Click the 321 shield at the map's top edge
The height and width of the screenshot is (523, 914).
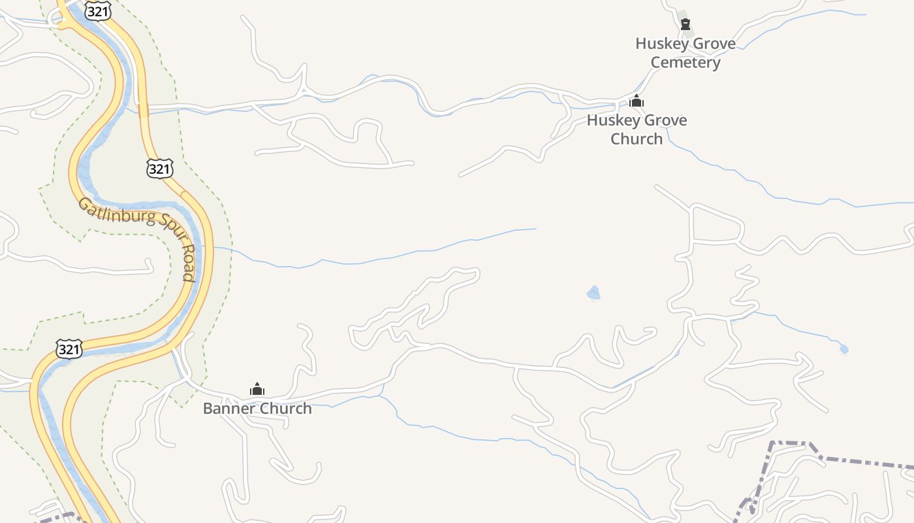[97, 10]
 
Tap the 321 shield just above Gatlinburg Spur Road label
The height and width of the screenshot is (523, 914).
[159, 169]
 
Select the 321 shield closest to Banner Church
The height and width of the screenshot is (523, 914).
[69, 349]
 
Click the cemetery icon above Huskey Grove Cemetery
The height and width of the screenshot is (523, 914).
[685, 25]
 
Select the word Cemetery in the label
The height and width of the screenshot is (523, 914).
[685, 63]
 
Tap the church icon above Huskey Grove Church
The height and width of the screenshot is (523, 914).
[637, 101]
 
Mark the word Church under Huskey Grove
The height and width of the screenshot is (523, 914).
[637, 139]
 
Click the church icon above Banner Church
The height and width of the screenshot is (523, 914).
[257, 390]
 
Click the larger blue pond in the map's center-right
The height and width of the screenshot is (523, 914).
[593, 293]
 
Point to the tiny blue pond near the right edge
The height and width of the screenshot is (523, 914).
[843, 350]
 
